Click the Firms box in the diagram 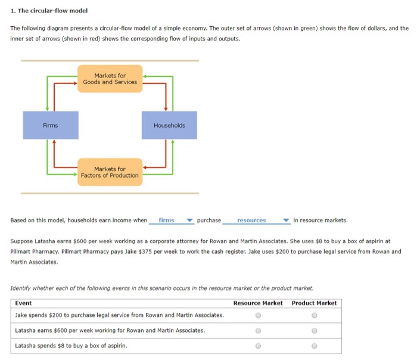coord(51,125)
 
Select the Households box coord(169,125)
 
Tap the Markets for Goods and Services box coord(110,79)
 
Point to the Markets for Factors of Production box coord(110,172)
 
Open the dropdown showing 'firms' coord(172,221)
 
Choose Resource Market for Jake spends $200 coord(257,315)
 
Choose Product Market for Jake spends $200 coord(314,315)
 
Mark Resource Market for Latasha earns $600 coord(257,330)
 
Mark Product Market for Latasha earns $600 coord(314,330)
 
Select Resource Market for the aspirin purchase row coord(257,346)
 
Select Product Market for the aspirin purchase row coord(314,346)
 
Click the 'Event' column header coord(23,303)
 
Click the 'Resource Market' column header coord(258,303)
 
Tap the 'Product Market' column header coord(314,303)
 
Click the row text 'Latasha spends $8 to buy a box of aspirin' coord(71,346)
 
